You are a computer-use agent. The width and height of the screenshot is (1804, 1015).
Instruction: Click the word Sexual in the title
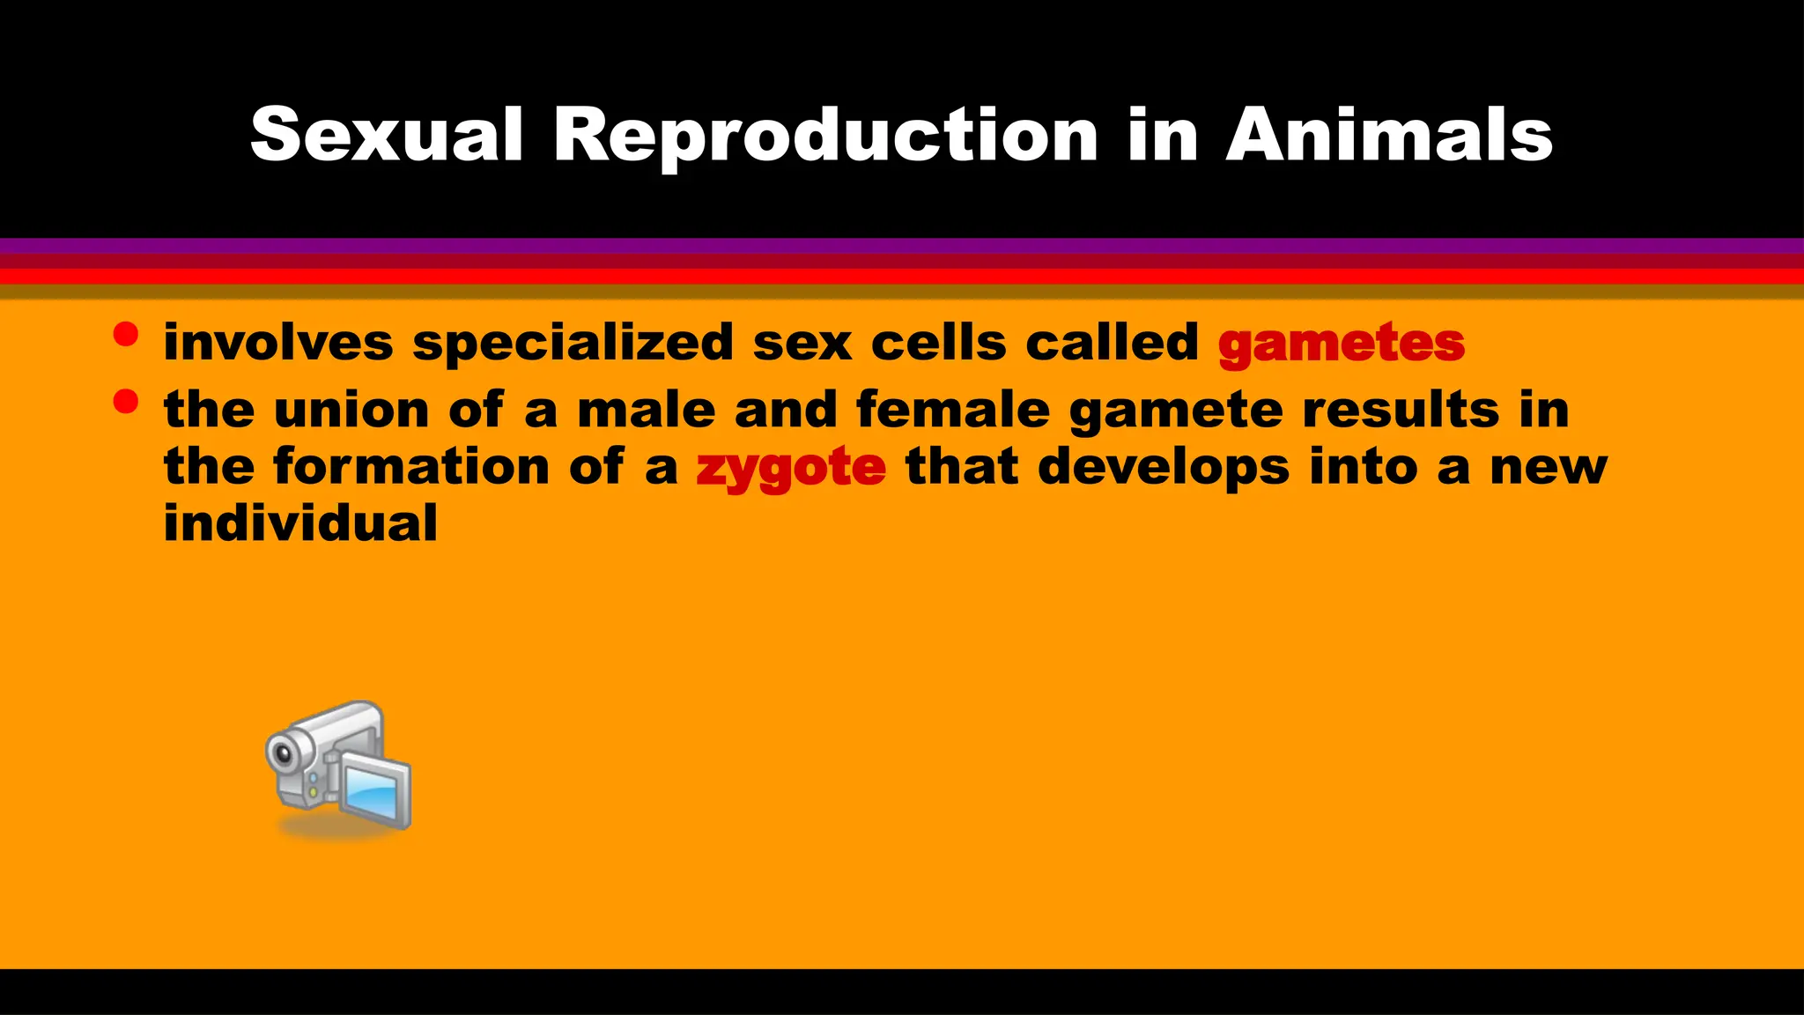pos(387,135)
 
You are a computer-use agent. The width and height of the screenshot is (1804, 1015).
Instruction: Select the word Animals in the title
pos(1389,135)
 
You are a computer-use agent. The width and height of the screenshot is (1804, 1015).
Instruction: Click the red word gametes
pos(1342,343)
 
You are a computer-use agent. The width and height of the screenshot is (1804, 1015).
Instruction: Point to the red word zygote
pos(790,467)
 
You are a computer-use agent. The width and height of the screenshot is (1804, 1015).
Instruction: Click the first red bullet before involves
pos(126,335)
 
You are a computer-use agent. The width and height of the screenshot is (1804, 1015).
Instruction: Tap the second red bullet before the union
pos(126,402)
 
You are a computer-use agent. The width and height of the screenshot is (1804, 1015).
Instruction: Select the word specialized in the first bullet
pos(573,343)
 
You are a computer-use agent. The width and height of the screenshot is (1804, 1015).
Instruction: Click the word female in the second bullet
pos(953,410)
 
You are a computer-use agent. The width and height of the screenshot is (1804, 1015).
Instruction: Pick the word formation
pos(411,466)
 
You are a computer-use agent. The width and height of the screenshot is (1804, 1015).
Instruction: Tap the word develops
pos(1164,467)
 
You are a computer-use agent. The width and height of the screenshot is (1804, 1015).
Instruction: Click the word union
pos(351,410)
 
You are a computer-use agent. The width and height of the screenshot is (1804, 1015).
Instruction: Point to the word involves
pos(278,342)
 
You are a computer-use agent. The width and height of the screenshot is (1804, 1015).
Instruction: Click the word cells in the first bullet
pos(938,342)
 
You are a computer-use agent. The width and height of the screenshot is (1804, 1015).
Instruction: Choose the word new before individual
pos(1549,467)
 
